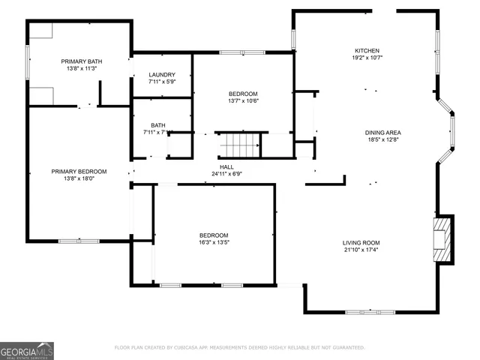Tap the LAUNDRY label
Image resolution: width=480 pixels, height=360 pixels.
point(162,74)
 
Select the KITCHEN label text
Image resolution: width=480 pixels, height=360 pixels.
point(367,50)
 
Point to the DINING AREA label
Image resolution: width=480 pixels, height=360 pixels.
point(383,132)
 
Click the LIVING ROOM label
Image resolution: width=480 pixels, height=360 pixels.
point(361,242)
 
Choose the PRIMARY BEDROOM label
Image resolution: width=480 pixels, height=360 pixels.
point(79,171)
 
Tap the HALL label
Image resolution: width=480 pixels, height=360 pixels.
point(226,166)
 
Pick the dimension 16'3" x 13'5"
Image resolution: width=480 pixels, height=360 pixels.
point(214,241)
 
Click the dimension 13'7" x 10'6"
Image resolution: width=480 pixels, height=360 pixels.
point(243,100)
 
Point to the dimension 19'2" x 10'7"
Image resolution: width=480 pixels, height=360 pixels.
point(367,57)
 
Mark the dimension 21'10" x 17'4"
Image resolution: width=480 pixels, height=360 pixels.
point(361,250)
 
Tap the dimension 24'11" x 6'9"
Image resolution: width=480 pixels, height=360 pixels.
point(226,173)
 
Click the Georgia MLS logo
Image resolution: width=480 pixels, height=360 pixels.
point(27,350)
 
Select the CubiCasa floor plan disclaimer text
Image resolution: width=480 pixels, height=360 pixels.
point(240,347)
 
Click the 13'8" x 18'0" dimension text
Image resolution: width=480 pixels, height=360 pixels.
point(79,178)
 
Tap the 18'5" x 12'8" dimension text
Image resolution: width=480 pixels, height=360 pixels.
point(383,139)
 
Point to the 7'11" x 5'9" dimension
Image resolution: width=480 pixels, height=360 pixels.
point(162,82)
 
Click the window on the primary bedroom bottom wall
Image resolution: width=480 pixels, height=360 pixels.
point(73,241)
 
